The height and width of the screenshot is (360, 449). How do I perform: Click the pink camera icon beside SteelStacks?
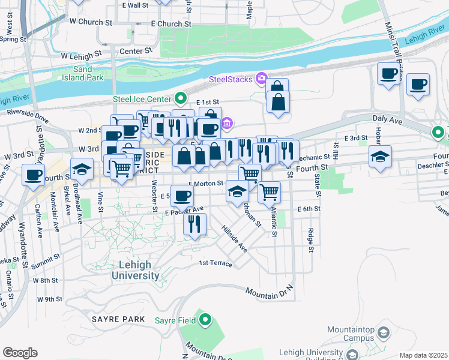(x=261, y=78)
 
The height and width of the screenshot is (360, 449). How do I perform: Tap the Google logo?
(x=20, y=352)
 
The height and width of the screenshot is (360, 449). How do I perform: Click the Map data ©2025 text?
(x=423, y=355)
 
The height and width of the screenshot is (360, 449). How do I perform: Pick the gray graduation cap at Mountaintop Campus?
(x=385, y=331)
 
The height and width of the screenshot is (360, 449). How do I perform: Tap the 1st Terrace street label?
(x=215, y=263)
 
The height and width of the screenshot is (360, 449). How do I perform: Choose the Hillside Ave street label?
(x=235, y=239)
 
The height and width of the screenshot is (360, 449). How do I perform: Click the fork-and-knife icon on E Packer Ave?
(x=194, y=224)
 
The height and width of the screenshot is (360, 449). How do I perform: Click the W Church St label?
(x=91, y=21)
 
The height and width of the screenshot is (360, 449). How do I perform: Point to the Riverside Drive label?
(x=28, y=113)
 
